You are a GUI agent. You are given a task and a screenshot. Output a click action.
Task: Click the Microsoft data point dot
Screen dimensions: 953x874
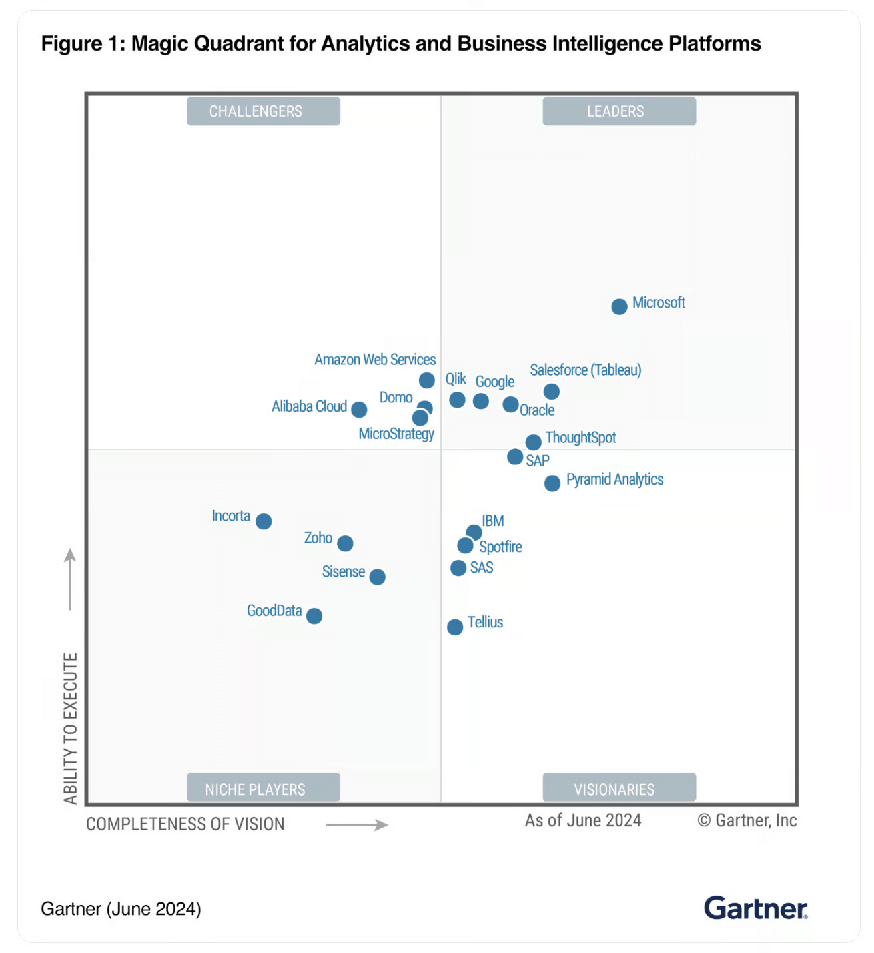click(x=619, y=306)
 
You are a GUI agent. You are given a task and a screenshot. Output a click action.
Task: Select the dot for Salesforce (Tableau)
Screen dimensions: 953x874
click(x=551, y=391)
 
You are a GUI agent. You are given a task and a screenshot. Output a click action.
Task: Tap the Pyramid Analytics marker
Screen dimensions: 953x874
click(x=552, y=483)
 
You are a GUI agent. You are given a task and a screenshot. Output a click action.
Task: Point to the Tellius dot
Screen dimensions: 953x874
click(x=455, y=627)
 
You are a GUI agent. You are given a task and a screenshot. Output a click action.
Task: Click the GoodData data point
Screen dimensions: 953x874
click(x=314, y=616)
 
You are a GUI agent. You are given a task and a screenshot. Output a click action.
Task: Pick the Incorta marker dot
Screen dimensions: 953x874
click(x=264, y=521)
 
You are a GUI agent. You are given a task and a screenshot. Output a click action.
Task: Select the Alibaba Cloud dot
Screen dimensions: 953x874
click(x=359, y=409)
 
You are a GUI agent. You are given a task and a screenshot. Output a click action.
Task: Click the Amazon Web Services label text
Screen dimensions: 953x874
click(x=375, y=360)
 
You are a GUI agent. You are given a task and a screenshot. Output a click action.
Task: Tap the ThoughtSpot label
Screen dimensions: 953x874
click(x=580, y=438)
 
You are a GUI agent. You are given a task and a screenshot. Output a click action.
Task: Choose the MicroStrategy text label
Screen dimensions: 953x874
click(x=396, y=434)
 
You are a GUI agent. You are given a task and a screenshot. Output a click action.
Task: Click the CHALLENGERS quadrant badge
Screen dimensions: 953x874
click(x=263, y=111)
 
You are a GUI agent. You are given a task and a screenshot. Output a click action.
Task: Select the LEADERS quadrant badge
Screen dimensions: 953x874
click(x=618, y=111)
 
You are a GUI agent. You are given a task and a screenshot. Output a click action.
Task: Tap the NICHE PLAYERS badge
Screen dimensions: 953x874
click(x=263, y=788)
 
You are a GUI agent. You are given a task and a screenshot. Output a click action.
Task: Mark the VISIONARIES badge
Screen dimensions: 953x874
click(x=618, y=788)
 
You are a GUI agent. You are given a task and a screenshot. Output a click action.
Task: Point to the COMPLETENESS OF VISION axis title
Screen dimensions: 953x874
click(x=185, y=824)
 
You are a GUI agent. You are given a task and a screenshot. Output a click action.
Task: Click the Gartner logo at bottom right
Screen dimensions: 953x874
click(x=755, y=908)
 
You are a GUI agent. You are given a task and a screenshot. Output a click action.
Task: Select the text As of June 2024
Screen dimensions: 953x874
click(x=582, y=820)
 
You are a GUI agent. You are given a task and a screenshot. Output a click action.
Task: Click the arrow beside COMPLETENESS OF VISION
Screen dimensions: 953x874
click(x=357, y=825)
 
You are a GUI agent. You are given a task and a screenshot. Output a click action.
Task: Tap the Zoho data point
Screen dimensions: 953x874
click(x=345, y=543)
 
